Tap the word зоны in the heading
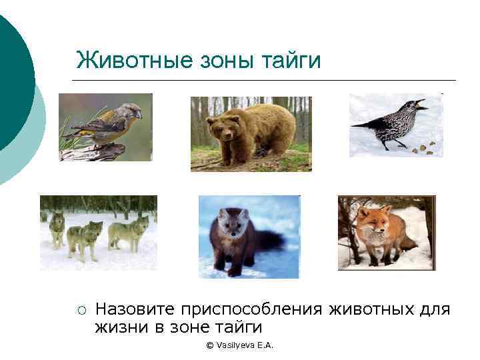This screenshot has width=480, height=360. click(x=221, y=60)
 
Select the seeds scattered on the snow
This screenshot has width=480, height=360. click(x=424, y=147)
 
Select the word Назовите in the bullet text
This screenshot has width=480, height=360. click(x=136, y=309)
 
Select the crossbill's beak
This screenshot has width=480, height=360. click(x=139, y=114)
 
